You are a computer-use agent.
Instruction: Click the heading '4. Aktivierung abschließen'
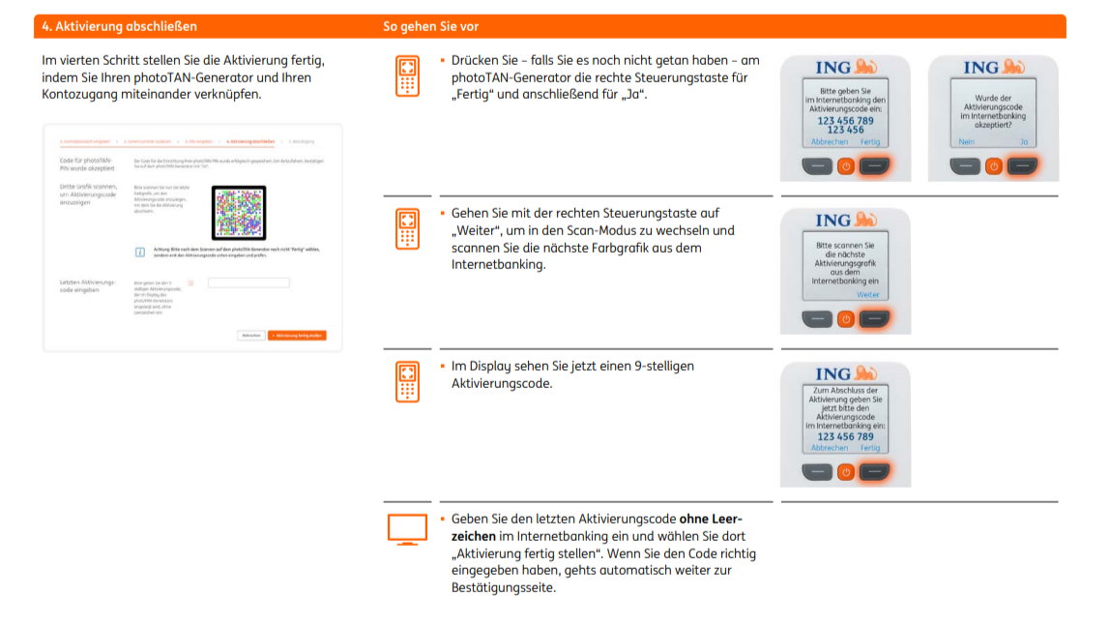(x=119, y=27)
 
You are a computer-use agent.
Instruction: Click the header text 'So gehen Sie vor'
(x=430, y=27)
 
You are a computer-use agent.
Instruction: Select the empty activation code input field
(x=248, y=283)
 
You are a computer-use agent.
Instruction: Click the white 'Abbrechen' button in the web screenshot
(x=251, y=335)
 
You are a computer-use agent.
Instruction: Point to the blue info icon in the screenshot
(x=140, y=252)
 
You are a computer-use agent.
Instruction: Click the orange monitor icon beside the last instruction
(x=407, y=528)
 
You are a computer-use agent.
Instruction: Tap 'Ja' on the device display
(x=1022, y=141)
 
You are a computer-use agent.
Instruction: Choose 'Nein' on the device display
(x=966, y=141)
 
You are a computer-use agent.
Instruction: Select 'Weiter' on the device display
(x=867, y=294)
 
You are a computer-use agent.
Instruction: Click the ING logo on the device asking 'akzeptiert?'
(x=993, y=67)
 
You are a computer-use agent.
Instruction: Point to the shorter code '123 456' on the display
(x=845, y=130)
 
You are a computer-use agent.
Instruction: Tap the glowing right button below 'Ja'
(x=1022, y=166)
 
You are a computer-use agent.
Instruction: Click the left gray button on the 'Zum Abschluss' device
(x=817, y=472)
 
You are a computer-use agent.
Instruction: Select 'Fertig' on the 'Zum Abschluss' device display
(x=870, y=448)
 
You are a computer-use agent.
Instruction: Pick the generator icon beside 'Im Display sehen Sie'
(x=407, y=382)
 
